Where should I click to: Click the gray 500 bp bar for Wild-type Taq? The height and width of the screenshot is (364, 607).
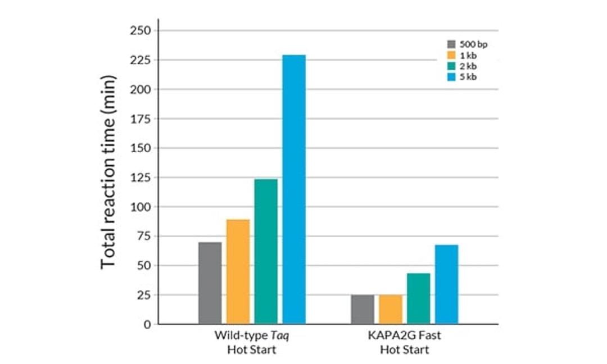tap(210, 283)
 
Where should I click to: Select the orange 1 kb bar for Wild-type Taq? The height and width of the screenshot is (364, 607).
tap(238, 272)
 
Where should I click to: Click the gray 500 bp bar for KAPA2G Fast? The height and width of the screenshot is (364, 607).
tap(363, 310)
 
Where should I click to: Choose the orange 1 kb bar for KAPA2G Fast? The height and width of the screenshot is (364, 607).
tap(390, 310)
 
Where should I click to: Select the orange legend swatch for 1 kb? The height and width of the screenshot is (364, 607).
tap(451, 55)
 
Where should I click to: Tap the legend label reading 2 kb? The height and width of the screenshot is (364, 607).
tap(469, 66)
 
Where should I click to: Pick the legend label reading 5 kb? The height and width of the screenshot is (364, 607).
tap(469, 78)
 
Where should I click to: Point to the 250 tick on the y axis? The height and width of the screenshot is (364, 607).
tap(140, 30)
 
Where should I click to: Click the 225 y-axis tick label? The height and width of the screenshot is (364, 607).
tap(140, 60)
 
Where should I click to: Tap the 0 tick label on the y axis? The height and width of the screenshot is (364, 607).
tap(147, 324)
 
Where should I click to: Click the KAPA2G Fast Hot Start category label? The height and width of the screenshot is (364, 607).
tap(405, 343)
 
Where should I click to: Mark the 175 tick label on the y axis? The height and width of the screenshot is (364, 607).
tap(140, 119)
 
